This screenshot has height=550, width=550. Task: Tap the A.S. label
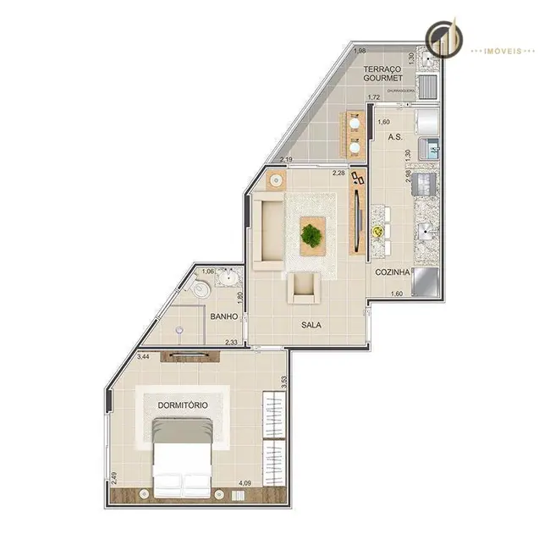point(393,136)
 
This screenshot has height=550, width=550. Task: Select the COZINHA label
point(393,272)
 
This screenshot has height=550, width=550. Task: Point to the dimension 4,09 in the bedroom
point(245,484)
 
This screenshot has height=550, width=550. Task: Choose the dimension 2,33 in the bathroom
point(230,343)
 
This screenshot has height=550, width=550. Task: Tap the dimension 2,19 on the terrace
point(286,160)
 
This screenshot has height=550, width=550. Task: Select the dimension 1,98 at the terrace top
point(360,50)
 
